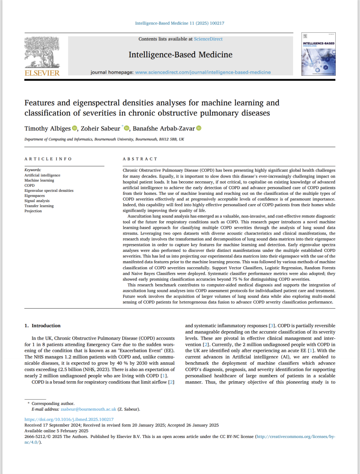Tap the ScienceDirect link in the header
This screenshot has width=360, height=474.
coord(208,39)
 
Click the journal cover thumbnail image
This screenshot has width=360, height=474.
coord(318,54)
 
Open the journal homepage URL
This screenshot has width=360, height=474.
coord(203,72)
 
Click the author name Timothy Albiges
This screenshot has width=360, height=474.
coord(47,128)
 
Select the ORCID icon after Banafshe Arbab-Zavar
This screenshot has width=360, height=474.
coord(199,128)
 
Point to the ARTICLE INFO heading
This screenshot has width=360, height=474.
coord(48,159)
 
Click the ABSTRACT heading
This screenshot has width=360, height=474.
coord(140,159)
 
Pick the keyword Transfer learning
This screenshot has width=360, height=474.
coord(39,206)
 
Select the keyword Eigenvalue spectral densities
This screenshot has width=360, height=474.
coord(49,190)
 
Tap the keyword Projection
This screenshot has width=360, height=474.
coord(33,211)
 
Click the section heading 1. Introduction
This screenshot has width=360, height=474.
coord(42,326)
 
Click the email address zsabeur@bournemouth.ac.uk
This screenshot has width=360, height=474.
coord(88,409)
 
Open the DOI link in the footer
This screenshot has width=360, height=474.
coord(69,419)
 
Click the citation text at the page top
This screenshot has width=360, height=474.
coord(180,23)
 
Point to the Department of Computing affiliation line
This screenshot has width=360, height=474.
coord(104,139)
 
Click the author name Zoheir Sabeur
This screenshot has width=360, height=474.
coord(100,128)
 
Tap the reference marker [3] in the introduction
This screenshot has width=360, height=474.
coord(272,326)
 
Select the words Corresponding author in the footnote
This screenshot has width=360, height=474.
coord(53,404)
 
